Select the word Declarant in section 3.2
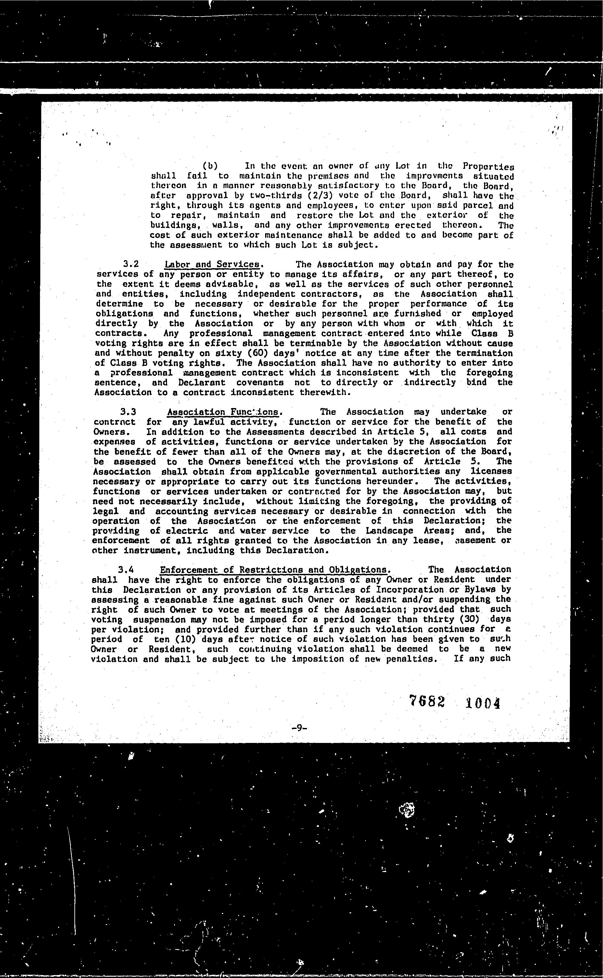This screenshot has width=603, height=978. pyautogui.click(x=201, y=382)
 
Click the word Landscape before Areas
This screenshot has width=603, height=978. pyautogui.click(x=389, y=531)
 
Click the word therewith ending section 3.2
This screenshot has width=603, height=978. pyautogui.click(x=325, y=392)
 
